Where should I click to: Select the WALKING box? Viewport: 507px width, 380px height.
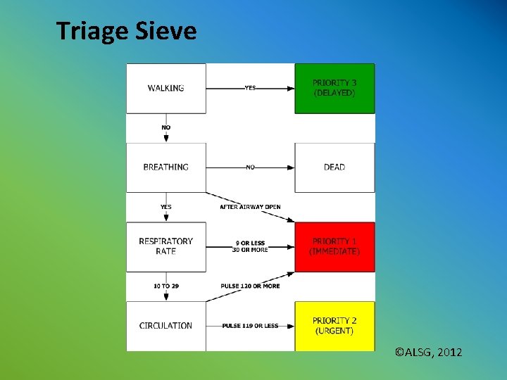click(x=166, y=88)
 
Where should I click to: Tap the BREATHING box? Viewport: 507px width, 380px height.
click(x=166, y=167)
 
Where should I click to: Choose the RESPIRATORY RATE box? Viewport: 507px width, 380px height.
click(x=166, y=246)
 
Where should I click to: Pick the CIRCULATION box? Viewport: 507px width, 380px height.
click(x=166, y=326)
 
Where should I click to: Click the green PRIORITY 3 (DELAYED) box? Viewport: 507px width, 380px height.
click(x=334, y=88)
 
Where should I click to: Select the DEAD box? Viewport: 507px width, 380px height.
click(x=334, y=167)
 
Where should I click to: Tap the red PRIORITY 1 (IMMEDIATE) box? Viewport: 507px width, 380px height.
click(x=334, y=246)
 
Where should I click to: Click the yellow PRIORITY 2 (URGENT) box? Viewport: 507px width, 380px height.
click(x=334, y=326)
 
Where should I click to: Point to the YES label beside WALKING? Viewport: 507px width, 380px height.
click(x=250, y=88)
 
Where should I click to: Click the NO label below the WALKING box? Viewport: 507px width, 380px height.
click(x=166, y=127)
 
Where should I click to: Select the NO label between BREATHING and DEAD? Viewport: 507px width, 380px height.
click(x=250, y=167)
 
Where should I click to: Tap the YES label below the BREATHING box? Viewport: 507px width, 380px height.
click(x=166, y=207)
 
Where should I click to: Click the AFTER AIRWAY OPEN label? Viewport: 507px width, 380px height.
click(x=250, y=207)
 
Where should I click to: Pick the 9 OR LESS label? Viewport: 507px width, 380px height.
click(x=250, y=243)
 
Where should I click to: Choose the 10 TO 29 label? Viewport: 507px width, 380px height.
click(x=166, y=286)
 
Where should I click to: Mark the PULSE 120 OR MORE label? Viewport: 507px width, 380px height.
click(x=251, y=286)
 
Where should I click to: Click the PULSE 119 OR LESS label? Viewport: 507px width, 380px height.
click(x=250, y=326)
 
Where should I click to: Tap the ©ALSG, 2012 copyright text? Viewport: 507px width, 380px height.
click(x=429, y=352)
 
